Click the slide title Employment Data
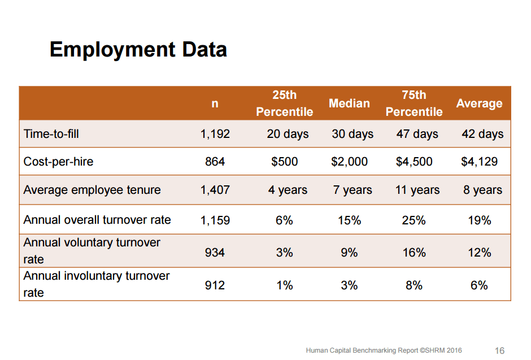138,50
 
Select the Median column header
349,103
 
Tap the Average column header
479,103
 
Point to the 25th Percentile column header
284,103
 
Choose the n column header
215,103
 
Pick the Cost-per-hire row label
58,162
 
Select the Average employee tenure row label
92,190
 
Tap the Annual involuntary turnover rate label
97,284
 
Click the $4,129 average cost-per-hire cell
479,162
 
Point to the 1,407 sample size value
215,190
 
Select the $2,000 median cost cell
349,162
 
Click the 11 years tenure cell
417,190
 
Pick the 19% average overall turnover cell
479,220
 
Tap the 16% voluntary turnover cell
414,253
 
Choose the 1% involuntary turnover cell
284,285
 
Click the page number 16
499,351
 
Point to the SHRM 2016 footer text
384,351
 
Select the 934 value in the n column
215,253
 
